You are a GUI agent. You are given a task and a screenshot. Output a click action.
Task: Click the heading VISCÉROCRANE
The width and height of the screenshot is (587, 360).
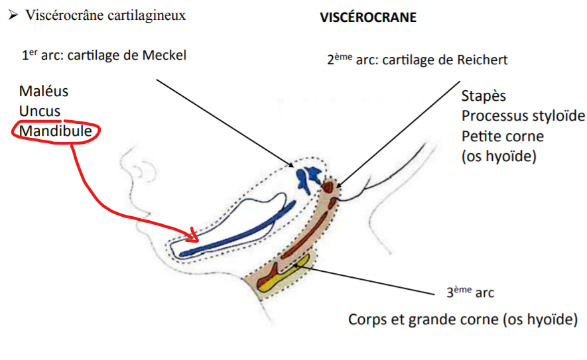[x=368, y=18]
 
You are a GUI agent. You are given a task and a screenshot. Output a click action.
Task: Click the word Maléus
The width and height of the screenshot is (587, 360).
[x=43, y=91]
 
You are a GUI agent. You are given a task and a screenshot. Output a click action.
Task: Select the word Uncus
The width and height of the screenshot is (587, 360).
[x=40, y=111]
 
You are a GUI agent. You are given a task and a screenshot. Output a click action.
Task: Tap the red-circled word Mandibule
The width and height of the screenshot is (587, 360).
[x=55, y=131]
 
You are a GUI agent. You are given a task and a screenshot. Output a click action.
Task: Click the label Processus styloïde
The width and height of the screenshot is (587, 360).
[x=523, y=116]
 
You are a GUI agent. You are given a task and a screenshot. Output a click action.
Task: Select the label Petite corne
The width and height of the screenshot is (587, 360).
[x=503, y=137]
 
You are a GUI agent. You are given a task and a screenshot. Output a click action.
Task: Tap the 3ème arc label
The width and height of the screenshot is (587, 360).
[x=470, y=292]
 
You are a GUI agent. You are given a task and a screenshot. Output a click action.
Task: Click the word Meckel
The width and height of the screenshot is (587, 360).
[x=164, y=55]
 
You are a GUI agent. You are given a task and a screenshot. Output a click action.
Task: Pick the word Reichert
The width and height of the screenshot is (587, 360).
[x=480, y=60]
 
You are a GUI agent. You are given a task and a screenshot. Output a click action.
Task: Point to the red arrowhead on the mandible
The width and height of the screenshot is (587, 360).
[x=195, y=236]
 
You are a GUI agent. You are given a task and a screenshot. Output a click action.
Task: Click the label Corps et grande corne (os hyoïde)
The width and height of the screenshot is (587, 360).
[x=463, y=320]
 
